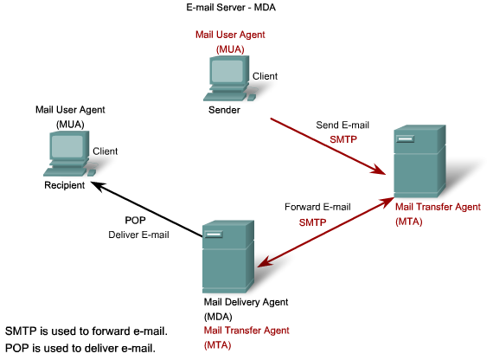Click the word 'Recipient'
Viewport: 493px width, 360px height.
point(65,185)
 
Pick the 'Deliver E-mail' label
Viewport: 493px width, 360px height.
point(138,235)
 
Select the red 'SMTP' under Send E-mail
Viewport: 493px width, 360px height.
point(343,139)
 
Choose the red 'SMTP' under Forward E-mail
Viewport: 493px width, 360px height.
point(312,222)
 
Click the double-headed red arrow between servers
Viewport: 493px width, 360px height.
point(325,231)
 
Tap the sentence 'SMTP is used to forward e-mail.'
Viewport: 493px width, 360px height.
point(86,331)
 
